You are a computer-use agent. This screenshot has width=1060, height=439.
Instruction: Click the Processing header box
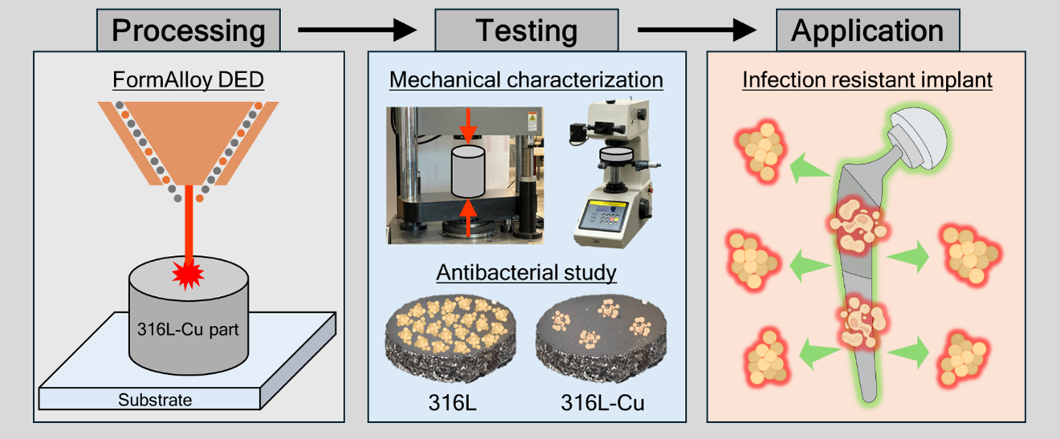189,30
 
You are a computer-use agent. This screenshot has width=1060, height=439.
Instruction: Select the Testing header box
527,30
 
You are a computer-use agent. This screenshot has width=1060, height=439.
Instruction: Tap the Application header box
868,30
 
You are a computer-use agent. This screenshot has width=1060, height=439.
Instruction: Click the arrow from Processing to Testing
357,30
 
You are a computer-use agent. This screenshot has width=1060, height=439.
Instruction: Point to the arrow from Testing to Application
697,30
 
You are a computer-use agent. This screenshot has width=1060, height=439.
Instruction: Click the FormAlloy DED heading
189,79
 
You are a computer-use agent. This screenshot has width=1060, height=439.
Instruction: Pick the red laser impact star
189,274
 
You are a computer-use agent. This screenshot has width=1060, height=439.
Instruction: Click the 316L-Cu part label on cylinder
188,329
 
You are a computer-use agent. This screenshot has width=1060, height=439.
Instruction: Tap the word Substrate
155,400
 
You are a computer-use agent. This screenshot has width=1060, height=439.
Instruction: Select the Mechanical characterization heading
526,79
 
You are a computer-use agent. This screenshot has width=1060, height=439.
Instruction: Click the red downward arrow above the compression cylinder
468,126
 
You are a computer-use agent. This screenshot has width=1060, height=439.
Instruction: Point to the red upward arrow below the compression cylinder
468,218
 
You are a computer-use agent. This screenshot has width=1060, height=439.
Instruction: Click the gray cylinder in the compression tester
468,171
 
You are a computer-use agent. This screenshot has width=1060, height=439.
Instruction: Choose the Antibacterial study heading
526,273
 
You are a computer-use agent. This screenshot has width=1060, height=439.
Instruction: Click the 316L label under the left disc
452,403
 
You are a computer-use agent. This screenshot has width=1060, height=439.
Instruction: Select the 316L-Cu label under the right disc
602,403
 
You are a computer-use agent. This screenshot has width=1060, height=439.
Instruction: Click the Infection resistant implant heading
867,79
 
